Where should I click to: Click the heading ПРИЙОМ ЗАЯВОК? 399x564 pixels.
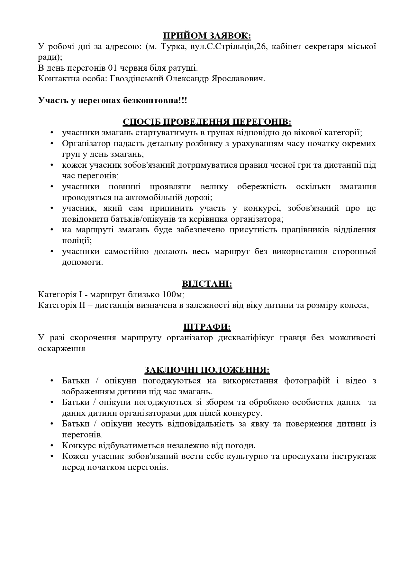[x=207, y=35]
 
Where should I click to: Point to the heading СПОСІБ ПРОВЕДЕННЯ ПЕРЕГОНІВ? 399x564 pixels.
[x=207, y=122]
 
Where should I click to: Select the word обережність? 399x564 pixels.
[x=262, y=187]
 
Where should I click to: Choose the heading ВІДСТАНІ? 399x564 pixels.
[x=207, y=284]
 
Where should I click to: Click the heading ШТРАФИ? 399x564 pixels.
[x=207, y=327]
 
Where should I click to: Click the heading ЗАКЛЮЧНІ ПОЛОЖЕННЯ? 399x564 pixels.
[x=207, y=370]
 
